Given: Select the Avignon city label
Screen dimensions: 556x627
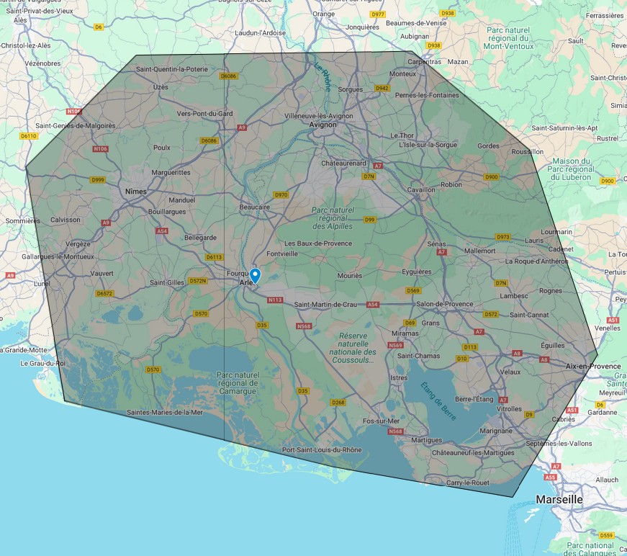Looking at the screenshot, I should click(322, 124).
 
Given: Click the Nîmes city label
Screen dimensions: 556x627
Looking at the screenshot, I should click(135, 192).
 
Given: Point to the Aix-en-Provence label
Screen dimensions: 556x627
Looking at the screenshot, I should click(593, 367).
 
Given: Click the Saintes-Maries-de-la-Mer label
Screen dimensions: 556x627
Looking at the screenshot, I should click(165, 413).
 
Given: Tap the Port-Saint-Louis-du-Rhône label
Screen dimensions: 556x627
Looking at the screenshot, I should click(322, 450).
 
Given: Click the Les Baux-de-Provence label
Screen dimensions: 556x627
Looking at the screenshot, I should click(318, 243).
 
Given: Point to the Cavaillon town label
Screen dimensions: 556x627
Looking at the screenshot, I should click(422, 189).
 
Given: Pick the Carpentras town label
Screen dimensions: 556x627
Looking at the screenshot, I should click(425, 62).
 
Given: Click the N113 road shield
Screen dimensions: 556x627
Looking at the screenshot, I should click(274, 300).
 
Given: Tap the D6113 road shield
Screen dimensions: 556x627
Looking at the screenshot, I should click(214, 257).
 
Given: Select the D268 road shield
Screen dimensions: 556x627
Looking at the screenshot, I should click(338, 403).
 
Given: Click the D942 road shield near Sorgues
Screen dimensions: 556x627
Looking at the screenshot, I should click(382, 88).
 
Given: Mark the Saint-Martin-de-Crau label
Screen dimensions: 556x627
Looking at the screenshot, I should click(325, 305).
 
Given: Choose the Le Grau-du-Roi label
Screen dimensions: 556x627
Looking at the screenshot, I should click(43, 363).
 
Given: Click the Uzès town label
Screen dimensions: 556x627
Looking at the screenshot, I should click(161, 87).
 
